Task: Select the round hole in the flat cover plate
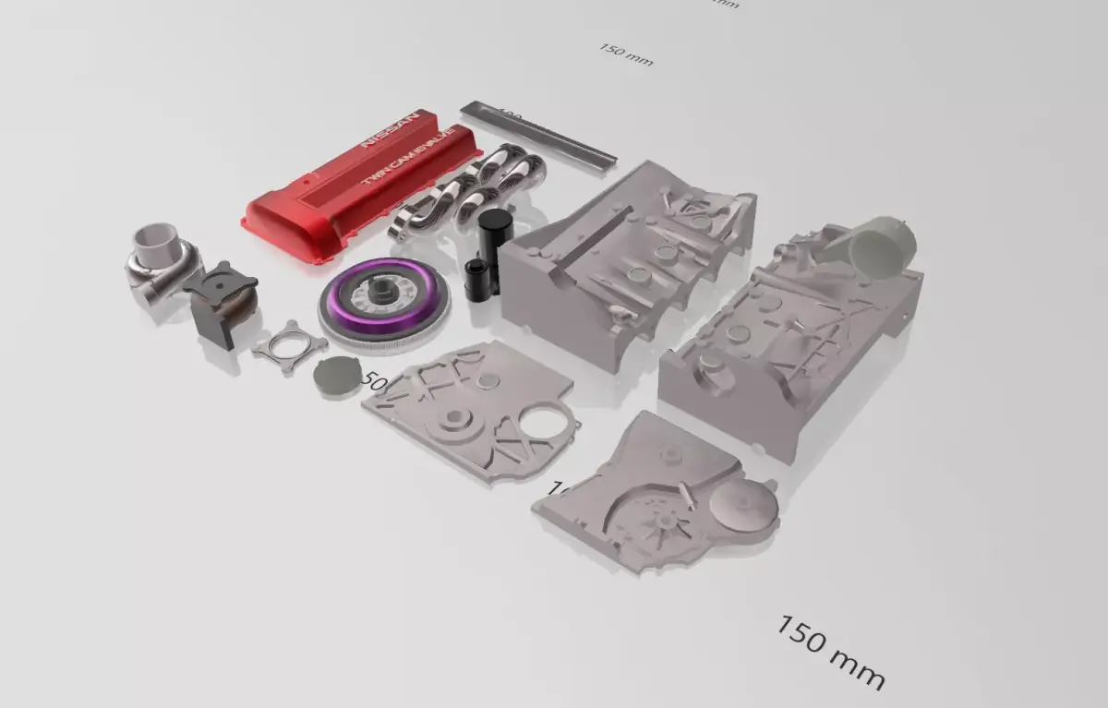pos(543,424)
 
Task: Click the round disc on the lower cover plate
pos(745,506)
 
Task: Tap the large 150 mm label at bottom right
pos(829,652)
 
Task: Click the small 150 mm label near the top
pos(626,54)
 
